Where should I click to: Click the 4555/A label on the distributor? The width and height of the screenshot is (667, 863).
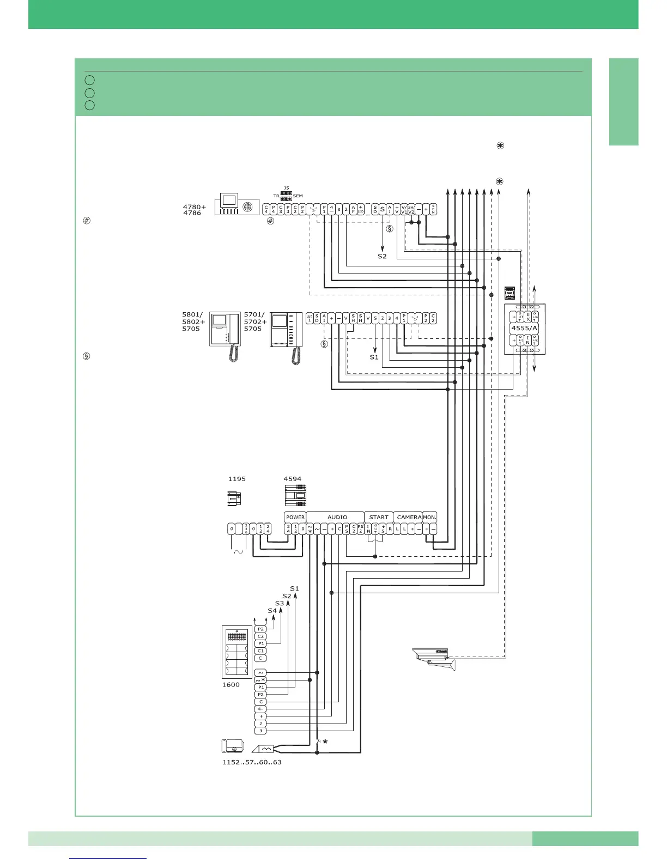[x=524, y=328]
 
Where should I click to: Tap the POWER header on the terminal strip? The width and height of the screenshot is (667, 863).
[x=295, y=517]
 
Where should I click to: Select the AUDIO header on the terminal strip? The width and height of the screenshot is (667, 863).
[x=337, y=517]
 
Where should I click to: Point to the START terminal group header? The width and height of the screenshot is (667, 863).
[x=379, y=517]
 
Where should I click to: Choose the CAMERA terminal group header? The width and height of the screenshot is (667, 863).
[x=409, y=517]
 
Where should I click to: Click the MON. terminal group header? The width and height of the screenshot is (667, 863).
[x=430, y=517]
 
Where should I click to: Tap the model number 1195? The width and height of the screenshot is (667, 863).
[x=237, y=479]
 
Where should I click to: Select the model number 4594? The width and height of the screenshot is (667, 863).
[x=292, y=479]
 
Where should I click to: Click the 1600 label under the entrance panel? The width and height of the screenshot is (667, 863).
[x=231, y=685]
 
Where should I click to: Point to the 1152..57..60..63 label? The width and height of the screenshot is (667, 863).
[x=252, y=762]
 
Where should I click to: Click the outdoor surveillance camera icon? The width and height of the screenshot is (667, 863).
[x=434, y=658]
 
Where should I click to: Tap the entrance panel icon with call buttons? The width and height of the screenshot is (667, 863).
[x=237, y=652]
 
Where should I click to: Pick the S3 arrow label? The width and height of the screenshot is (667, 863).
[x=279, y=603]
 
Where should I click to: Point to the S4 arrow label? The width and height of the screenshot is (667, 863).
[x=272, y=611]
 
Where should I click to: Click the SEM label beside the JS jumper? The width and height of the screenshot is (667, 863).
[x=298, y=196]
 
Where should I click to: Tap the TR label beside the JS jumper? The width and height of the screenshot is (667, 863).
[x=276, y=196]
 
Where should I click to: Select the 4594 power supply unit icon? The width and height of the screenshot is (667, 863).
[x=295, y=496]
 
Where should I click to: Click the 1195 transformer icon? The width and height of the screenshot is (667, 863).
[x=235, y=498]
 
